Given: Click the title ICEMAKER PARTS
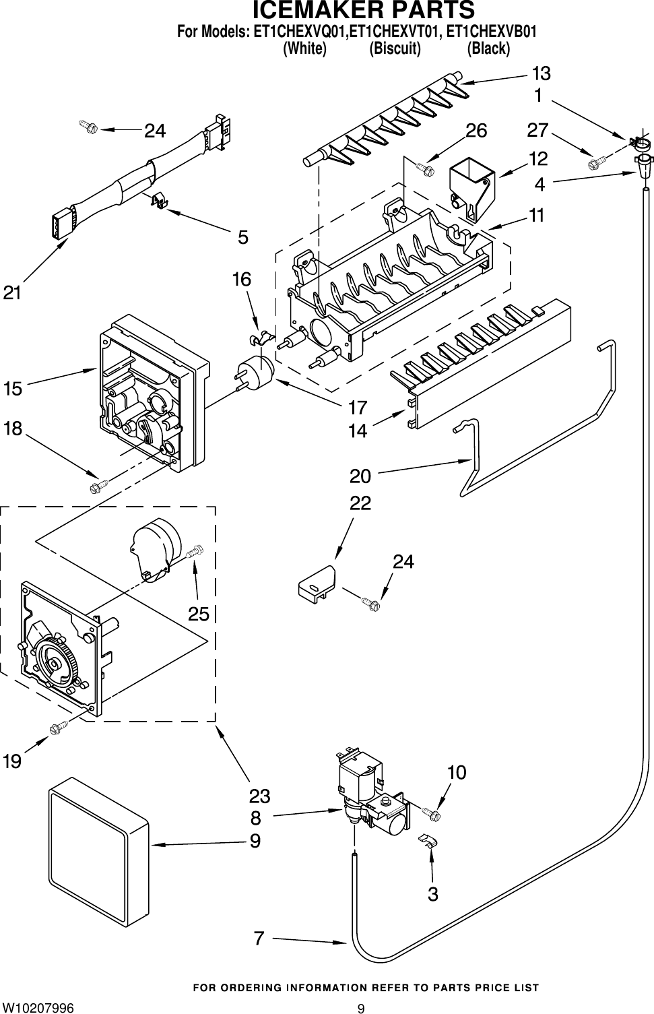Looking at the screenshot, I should (x=364, y=11).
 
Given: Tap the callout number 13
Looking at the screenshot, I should (x=541, y=73).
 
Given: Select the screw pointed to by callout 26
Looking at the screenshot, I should (x=424, y=168).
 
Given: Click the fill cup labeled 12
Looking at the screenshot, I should (x=471, y=187).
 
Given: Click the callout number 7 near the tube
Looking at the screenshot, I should (x=259, y=937).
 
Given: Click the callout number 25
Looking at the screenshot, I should (x=199, y=614).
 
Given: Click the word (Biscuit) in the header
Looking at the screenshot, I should (x=395, y=49).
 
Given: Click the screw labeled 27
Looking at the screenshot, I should (x=597, y=161).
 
